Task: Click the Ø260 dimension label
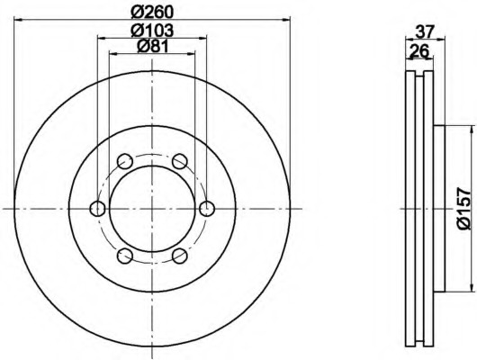tap(152, 12)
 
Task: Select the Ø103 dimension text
tap(152, 30)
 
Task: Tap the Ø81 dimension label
tap(153, 46)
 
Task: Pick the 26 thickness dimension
tap(419, 50)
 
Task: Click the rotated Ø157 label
tap(463, 209)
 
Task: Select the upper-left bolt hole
tap(125, 161)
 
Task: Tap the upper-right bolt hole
tap(179, 161)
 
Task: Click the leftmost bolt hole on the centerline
tap(98, 209)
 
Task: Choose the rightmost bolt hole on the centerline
tap(207, 209)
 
